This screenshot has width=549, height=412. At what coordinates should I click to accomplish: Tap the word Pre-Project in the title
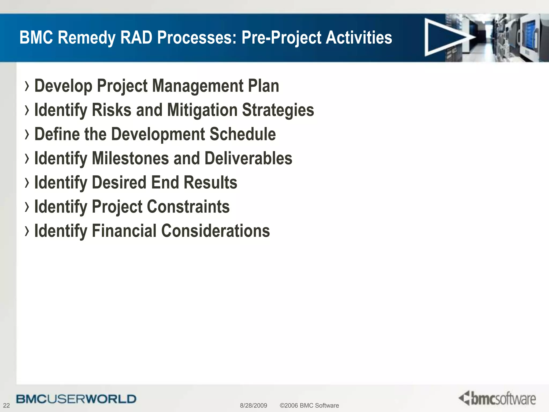281,38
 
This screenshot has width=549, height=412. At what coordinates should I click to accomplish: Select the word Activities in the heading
359,38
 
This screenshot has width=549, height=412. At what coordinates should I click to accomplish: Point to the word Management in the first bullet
198,86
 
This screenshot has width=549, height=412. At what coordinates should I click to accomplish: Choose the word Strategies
278,110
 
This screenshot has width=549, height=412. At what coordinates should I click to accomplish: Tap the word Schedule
242,134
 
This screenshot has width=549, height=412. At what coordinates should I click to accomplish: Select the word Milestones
130,158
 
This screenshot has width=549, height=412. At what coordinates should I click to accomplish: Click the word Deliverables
248,158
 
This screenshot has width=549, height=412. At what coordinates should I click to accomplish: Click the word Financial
124,231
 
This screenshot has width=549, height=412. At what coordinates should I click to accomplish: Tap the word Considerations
216,231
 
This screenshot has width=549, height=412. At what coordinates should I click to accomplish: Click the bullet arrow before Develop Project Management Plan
27,86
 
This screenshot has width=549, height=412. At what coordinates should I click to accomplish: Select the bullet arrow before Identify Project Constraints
27,207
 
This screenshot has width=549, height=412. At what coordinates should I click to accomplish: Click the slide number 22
6,405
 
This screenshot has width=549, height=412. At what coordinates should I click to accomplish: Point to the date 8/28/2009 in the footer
253,405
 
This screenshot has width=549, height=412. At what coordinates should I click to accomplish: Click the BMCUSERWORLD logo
76,399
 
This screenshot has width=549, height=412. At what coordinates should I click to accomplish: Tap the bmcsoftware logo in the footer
497,398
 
